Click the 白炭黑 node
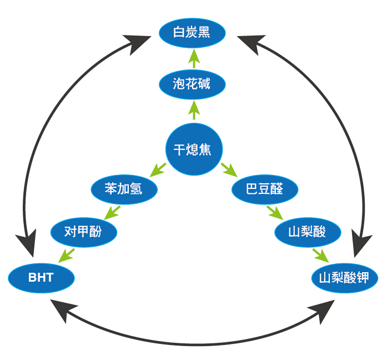[x=192, y=32]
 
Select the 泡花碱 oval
[x=192, y=84]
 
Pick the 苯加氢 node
[x=124, y=188]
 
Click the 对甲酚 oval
[x=83, y=231]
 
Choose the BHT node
[x=41, y=277]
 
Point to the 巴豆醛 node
[x=264, y=188]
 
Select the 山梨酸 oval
[x=308, y=231]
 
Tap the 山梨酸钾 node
[x=345, y=277]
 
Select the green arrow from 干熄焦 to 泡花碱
[x=193, y=111]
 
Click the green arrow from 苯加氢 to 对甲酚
[x=113, y=212]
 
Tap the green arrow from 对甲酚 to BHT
[x=68, y=254]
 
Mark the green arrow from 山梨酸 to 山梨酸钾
[x=320, y=254]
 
